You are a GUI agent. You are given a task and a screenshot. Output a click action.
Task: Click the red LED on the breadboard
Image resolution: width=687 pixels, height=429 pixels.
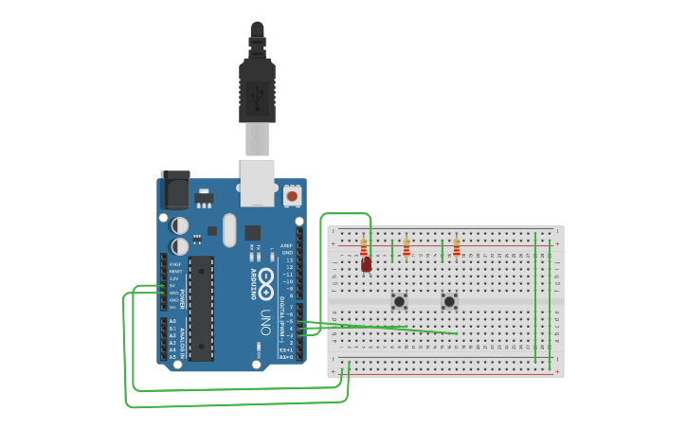(x=367, y=265)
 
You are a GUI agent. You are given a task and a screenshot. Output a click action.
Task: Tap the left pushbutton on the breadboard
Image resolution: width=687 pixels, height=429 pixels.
(x=400, y=301)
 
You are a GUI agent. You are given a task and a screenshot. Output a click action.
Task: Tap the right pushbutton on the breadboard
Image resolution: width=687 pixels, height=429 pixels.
(x=449, y=301)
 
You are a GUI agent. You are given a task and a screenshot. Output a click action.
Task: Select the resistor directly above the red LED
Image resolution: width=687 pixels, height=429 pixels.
(x=363, y=247)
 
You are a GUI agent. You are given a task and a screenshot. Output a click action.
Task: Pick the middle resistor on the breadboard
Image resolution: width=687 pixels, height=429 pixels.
(x=407, y=247)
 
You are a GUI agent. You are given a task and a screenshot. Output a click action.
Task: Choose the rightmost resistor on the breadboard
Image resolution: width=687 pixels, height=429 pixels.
(x=456, y=247)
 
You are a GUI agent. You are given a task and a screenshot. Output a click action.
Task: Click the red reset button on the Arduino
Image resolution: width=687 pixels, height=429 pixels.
(x=292, y=196)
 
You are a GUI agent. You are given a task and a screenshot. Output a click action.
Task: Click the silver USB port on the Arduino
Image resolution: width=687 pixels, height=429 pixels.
(x=257, y=183)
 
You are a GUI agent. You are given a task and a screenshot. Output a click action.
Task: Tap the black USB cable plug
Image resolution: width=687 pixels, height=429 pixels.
(x=257, y=90)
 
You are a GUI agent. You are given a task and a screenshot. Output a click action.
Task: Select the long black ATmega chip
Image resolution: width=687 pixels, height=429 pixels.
(x=201, y=308)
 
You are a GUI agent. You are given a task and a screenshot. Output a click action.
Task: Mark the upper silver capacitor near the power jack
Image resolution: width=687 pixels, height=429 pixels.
(x=179, y=225)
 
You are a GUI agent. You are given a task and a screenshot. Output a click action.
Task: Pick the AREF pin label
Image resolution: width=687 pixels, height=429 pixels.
(x=286, y=244)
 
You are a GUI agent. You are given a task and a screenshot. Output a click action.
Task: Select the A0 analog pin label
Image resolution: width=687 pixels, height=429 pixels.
(x=172, y=322)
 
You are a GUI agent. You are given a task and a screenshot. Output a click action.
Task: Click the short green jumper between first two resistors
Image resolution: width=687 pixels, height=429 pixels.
(x=392, y=251)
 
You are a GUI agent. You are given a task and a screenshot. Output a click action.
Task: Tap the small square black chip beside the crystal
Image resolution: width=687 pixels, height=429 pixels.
(x=253, y=232)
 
